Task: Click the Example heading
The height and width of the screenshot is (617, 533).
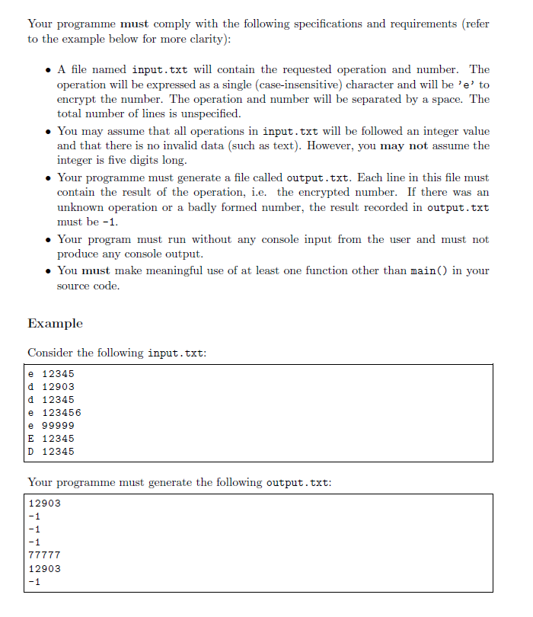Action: point(55,323)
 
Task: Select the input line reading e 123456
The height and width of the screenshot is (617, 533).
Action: point(54,412)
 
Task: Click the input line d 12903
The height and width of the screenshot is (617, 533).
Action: point(51,386)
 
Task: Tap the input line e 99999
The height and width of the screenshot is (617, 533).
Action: point(51,425)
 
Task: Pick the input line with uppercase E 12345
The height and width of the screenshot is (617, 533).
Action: point(51,438)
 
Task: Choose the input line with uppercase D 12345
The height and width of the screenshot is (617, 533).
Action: point(51,451)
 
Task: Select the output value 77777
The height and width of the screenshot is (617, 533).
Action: point(44,555)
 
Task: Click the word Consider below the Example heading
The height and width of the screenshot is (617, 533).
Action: point(51,353)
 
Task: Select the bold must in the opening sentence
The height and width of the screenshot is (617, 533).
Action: point(135,24)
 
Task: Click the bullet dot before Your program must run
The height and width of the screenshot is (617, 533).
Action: point(48,239)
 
